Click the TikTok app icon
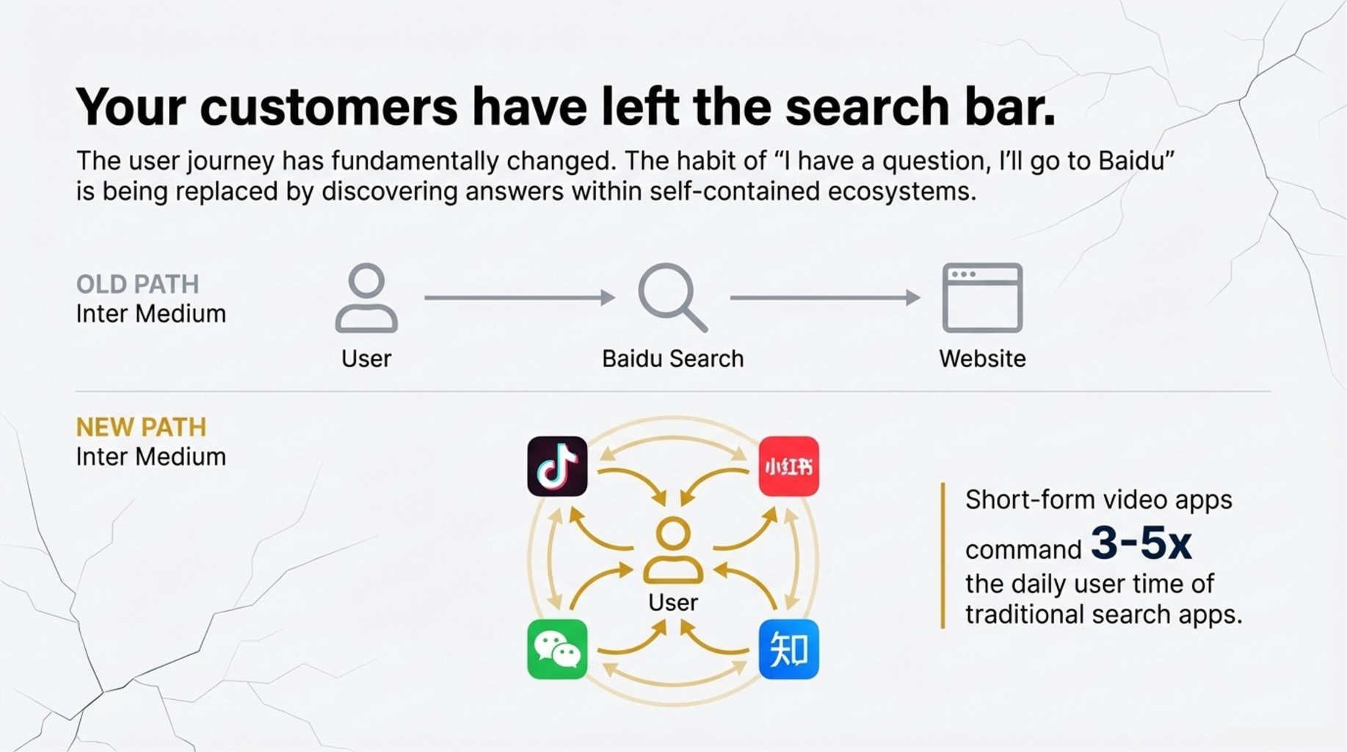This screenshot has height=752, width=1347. (x=557, y=466)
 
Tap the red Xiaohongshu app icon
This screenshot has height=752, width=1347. (x=788, y=466)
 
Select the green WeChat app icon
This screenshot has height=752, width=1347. (x=557, y=649)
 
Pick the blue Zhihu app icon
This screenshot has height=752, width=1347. (x=788, y=649)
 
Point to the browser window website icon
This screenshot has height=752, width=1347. (x=982, y=297)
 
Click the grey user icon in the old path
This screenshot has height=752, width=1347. (x=366, y=297)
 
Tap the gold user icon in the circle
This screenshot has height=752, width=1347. (x=673, y=550)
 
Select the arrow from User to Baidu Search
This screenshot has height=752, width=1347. (x=520, y=297)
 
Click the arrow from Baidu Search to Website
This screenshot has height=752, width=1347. (x=825, y=297)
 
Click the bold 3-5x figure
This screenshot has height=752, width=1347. (x=1141, y=543)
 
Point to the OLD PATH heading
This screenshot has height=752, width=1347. (x=137, y=284)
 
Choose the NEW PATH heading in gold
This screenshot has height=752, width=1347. (x=141, y=427)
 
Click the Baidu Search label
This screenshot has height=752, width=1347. (x=672, y=358)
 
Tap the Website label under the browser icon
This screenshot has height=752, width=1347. (x=982, y=358)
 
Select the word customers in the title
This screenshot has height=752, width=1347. (x=329, y=107)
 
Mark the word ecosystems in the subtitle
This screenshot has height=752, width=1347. (x=901, y=192)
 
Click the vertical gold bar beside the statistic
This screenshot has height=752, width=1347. (x=943, y=555)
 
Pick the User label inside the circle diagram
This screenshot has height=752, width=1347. (x=673, y=602)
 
